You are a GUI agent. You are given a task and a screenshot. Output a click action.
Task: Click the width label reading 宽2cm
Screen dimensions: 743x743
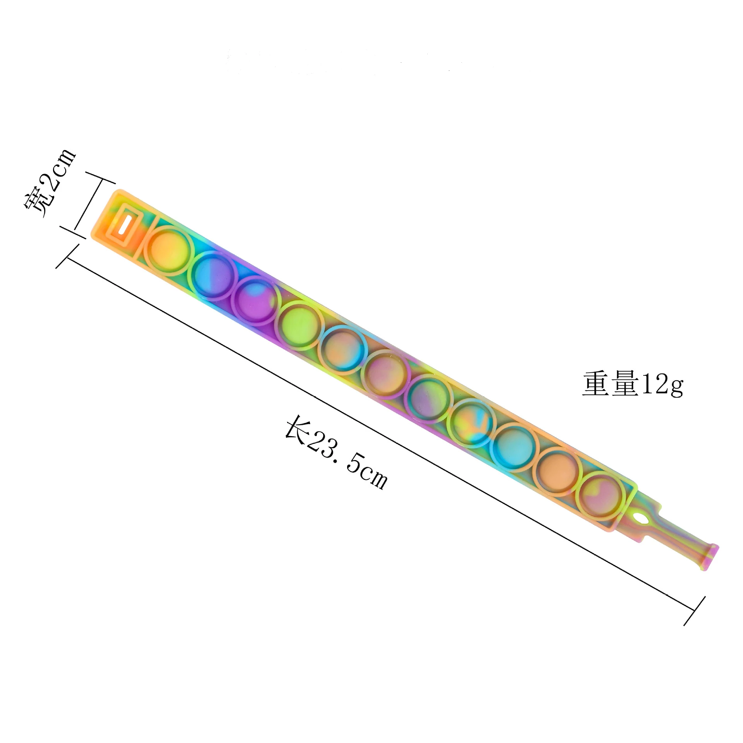tap(50, 184)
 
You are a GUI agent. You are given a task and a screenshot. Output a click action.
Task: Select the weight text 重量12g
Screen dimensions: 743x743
tap(633, 384)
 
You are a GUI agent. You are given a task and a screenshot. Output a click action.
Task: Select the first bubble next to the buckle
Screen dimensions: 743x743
tap(168, 250)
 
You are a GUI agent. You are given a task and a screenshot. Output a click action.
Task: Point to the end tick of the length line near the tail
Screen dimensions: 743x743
tap(694, 611)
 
